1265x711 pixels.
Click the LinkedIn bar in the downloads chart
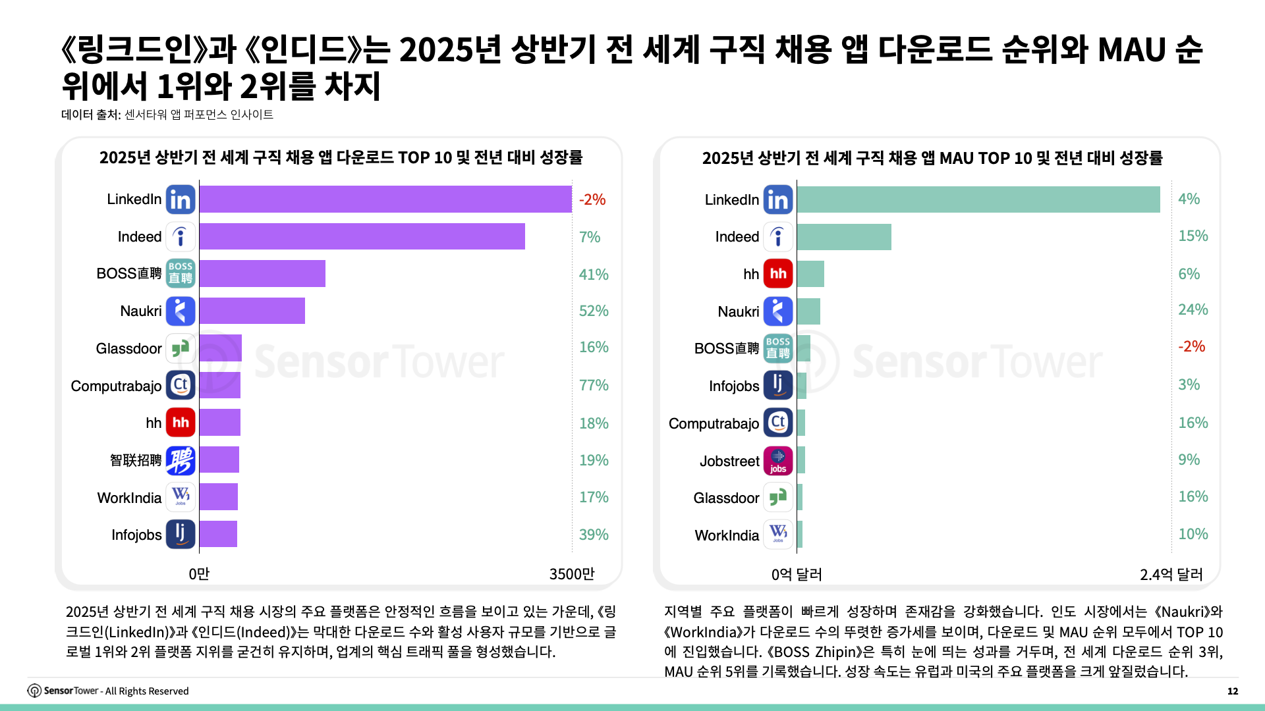tap(385, 199)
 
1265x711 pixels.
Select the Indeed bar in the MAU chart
tap(844, 237)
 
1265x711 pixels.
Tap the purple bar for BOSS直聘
tap(262, 274)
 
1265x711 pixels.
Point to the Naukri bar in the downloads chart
tap(252, 311)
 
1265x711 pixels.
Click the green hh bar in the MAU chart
tap(810, 274)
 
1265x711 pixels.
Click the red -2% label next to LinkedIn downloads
tap(592, 199)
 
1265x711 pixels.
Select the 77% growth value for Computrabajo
tap(594, 385)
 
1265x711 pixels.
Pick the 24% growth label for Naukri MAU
tap(1193, 309)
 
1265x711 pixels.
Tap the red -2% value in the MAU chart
tap(1191, 346)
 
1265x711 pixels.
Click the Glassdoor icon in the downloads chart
tap(181, 348)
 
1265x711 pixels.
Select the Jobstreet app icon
tap(778, 461)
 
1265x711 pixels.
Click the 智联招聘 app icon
tap(181, 460)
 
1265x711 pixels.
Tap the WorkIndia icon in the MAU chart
tap(778, 535)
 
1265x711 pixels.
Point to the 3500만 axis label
tap(572, 574)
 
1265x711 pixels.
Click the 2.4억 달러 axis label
tap(1171, 575)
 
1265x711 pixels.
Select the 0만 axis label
tap(199, 574)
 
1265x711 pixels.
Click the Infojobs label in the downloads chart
tap(136, 535)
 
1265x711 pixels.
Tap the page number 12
tap(1233, 691)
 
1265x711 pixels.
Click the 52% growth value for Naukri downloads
tap(594, 311)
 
